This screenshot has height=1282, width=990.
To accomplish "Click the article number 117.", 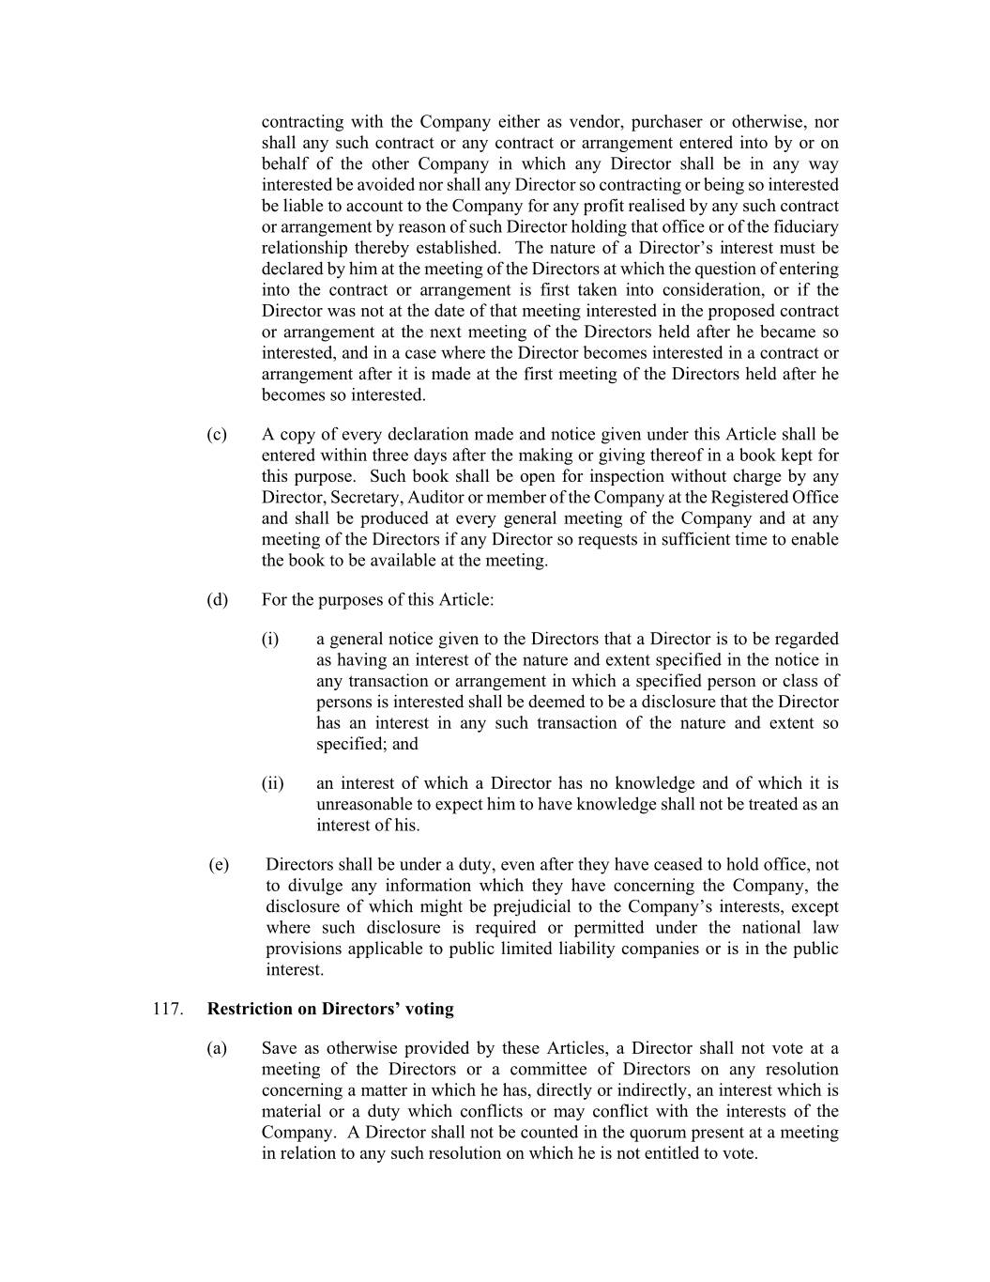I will click(x=165, y=1009).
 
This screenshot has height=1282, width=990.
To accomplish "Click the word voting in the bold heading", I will click(x=430, y=1009).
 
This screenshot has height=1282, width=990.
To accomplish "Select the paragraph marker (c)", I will click(x=217, y=434).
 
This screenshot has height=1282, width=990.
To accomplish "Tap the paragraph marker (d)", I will click(x=217, y=599).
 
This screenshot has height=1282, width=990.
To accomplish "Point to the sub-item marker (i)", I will click(x=270, y=639).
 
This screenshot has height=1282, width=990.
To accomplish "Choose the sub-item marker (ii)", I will click(x=272, y=783).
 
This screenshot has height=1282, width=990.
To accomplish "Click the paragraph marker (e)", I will click(x=218, y=864).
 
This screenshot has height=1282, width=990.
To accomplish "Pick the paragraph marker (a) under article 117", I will click(x=217, y=1048).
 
